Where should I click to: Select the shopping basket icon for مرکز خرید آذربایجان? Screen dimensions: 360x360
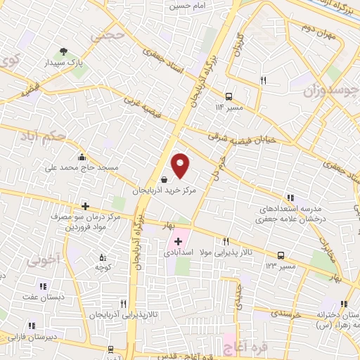[x=164, y=179]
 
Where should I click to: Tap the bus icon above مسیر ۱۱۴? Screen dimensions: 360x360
[x=229, y=96]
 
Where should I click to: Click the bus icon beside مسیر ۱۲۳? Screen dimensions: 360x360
[x=281, y=255]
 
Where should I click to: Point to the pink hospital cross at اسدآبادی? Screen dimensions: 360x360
[x=178, y=241]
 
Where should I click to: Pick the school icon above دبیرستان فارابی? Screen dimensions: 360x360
[x=32, y=326]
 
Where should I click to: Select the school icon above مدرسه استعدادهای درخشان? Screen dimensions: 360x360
[x=290, y=198]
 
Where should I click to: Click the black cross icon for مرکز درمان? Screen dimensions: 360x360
[x=86, y=206]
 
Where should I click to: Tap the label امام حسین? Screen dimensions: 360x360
[x=185, y=6]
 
